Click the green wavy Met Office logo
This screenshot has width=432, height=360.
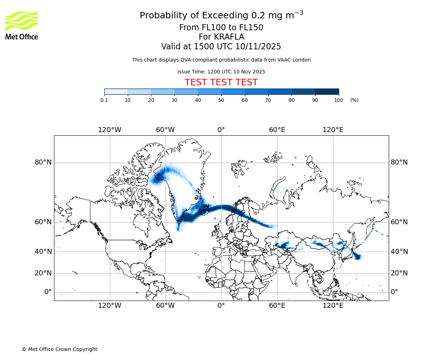pyautogui.click(x=22, y=21)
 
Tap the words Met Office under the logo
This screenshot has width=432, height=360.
pyautogui.click(x=22, y=36)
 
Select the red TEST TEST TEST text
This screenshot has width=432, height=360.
pyautogui.click(x=221, y=82)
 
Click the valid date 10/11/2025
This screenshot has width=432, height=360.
pyautogui.click(x=258, y=47)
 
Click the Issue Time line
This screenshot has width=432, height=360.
pyautogui.click(x=221, y=72)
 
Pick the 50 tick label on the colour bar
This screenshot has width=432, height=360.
pyautogui.click(x=221, y=100)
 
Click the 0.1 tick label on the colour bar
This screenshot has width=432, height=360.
pyautogui.click(x=104, y=100)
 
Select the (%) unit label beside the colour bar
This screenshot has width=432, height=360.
pyautogui.click(x=354, y=100)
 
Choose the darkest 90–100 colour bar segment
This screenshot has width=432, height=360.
pyautogui.click(x=327, y=91)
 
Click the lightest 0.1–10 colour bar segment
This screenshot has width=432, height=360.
pyautogui.click(x=116, y=91)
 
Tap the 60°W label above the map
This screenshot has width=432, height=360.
pyautogui.click(x=165, y=130)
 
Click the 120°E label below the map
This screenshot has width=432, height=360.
pyautogui.click(x=333, y=306)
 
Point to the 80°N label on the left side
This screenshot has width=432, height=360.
pyautogui.click(x=43, y=162)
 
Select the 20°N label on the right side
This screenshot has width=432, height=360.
pyautogui.click(x=399, y=273)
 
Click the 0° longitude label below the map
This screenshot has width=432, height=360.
pyautogui.click(x=221, y=306)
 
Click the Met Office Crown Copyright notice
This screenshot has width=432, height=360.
pyautogui.click(x=59, y=349)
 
